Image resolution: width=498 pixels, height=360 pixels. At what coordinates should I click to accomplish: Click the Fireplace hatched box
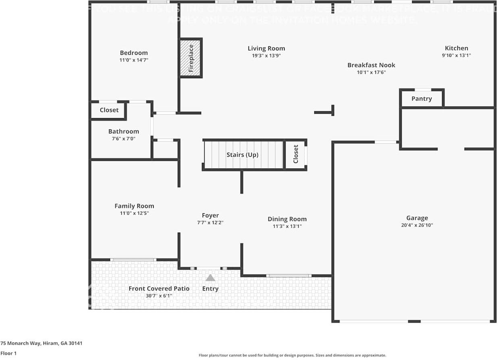[191, 58]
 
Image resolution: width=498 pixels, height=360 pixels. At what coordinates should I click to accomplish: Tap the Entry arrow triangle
[210, 278]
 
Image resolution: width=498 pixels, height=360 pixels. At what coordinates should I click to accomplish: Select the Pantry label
[421, 99]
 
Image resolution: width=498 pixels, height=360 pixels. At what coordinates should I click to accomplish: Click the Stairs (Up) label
[243, 155]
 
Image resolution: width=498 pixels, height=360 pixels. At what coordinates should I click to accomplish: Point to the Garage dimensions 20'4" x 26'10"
[417, 225]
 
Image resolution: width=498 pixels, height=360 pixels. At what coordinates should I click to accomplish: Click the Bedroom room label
[134, 53]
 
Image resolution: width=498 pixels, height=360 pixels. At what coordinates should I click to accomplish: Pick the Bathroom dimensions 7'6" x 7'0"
[124, 139]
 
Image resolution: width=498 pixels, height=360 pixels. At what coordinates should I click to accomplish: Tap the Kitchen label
[456, 48]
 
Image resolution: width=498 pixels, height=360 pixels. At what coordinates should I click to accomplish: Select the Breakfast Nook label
[371, 65]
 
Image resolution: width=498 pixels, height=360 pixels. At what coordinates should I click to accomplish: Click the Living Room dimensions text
[266, 56]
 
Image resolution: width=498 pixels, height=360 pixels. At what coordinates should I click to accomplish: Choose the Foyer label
[210, 216]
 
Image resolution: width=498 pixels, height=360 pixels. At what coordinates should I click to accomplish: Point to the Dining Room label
[287, 219]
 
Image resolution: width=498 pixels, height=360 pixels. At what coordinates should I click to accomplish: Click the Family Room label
[134, 206]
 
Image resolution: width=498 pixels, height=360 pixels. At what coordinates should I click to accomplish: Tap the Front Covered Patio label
[159, 289]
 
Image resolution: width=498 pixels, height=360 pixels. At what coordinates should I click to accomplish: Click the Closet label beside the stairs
[296, 154]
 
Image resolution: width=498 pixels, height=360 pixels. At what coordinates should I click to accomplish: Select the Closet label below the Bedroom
[109, 110]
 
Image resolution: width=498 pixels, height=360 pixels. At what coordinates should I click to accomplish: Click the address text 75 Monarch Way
[41, 343]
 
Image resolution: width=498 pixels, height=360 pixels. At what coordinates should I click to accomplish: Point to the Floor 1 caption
[8, 354]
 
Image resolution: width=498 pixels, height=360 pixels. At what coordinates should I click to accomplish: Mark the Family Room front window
[133, 260]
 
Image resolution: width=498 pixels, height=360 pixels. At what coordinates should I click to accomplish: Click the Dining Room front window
[288, 276]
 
